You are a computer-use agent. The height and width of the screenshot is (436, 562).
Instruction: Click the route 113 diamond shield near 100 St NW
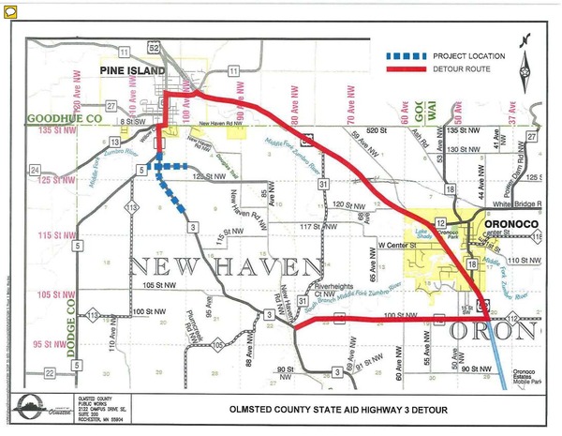tap(94, 317)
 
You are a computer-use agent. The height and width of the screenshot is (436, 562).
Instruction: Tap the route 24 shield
tap(36, 170)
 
